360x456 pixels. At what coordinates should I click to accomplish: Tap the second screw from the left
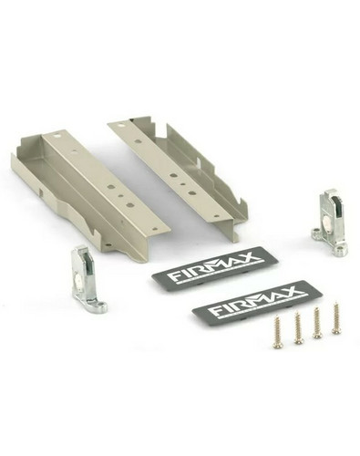298,329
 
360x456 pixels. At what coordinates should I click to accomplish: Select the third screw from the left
317,323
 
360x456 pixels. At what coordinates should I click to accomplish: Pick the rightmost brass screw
335,317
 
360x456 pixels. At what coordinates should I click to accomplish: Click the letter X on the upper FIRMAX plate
250,258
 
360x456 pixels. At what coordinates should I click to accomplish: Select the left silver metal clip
87,281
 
